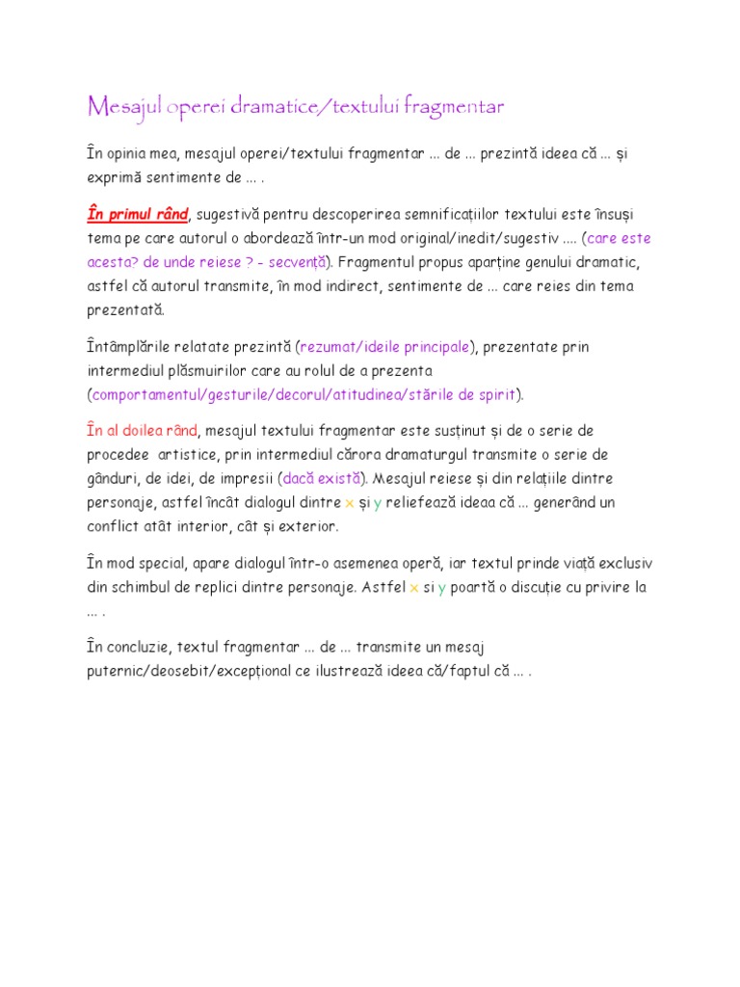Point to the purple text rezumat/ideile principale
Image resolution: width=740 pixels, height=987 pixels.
[x=385, y=346]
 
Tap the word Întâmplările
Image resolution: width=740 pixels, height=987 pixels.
[x=131, y=346]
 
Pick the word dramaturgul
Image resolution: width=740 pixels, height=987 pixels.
[x=439, y=454]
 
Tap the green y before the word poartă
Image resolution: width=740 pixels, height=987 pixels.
[x=441, y=588]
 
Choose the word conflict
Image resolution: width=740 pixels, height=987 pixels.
[x=111, y=527]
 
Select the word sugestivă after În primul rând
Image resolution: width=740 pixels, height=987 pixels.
[x=229, y=213]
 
